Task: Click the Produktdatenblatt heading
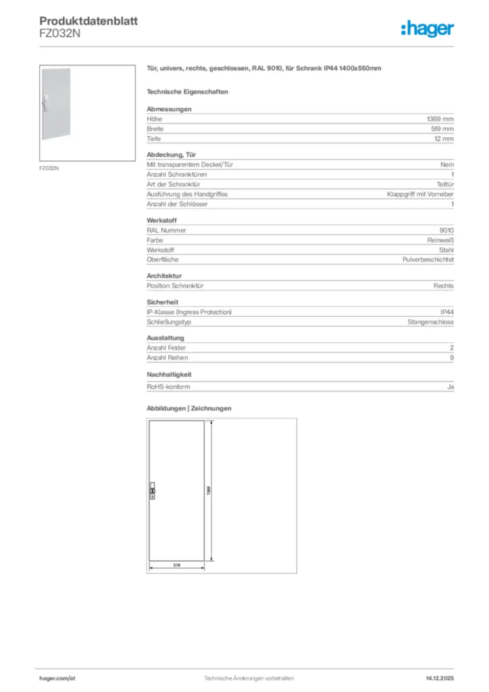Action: pos(88,21)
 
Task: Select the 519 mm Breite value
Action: pos(442,128)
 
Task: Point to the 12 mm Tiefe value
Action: pos(444,139)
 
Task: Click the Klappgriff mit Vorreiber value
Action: pos(420,194)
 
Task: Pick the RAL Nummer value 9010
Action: pos(446,230)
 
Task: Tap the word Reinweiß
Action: pos(440,240)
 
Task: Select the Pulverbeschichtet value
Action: pos(428,259)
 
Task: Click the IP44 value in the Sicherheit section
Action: pos(447,312)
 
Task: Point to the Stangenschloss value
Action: pos(430,322)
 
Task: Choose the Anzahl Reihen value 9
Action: pos(452,357)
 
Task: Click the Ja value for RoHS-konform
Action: pos(451,387)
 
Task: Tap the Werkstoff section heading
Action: pos(161,220)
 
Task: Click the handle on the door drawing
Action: pos(152,491)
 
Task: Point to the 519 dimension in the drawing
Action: pos(176,564)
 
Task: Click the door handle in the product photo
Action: pos(43,102)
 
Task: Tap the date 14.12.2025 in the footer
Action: pos(440,678)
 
